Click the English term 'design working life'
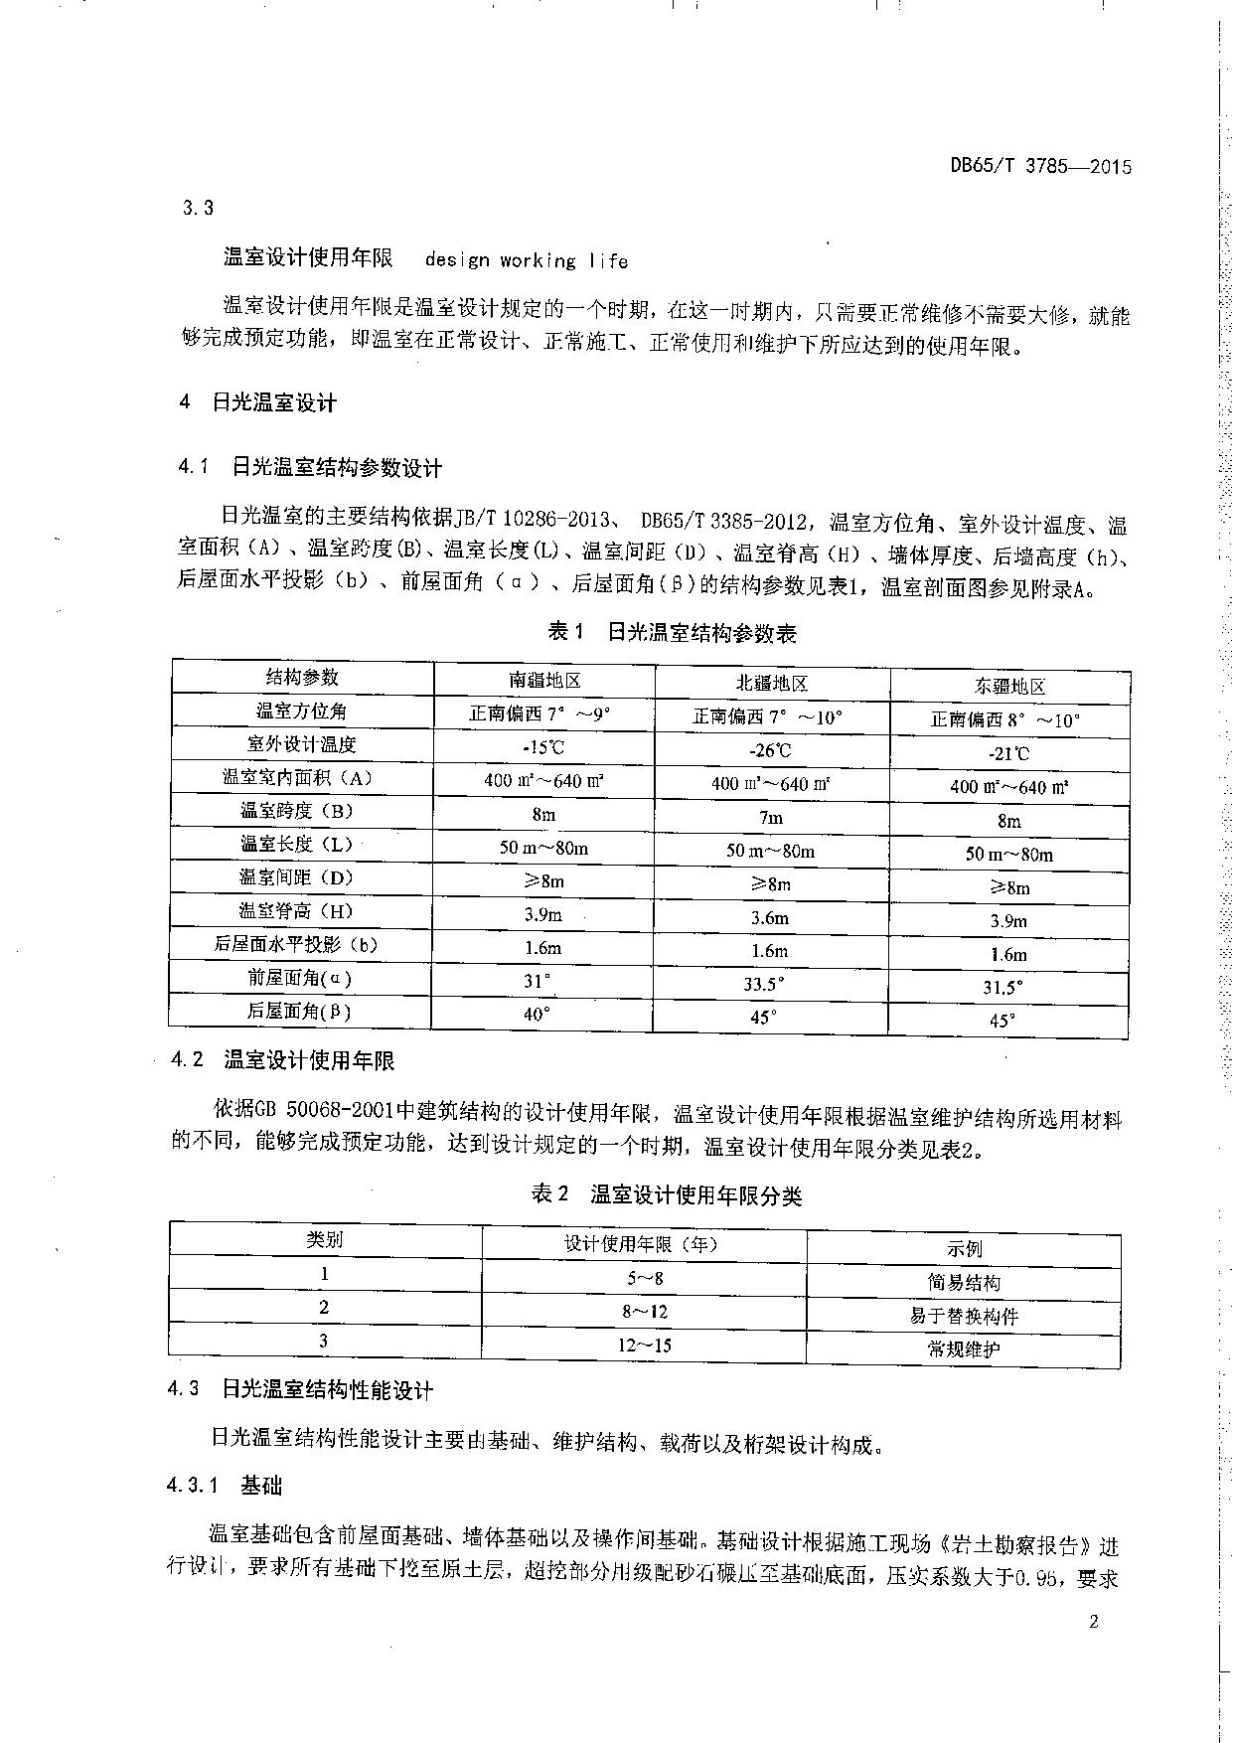[x=526, y=260]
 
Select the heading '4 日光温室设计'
[x=258, y=402]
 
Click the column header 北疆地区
[x=771, y=684]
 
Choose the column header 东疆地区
[x=1008, y=687]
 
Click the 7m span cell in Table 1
[x=770, y=818]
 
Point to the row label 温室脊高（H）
[x=297, y=911]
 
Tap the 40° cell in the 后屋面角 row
[x=538, y=1014]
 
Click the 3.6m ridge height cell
[x=770, y=918]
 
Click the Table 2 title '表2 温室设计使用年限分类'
[x=666, y=1195]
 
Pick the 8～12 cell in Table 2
[x=645, y=1312]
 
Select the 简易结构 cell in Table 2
[x=964, y=1283]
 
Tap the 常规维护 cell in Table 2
[x=964, y=1350]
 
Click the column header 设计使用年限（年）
[x=642, y=1244]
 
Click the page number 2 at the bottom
[x=1094, y=1623]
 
